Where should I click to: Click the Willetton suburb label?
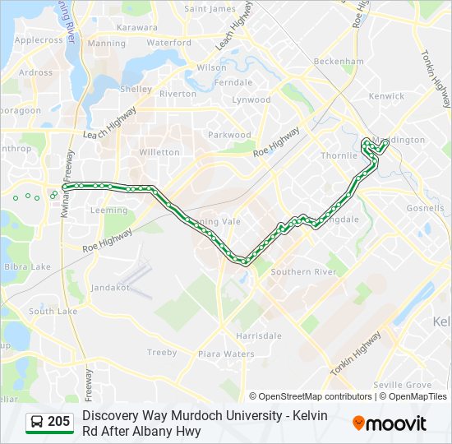coord(159,152)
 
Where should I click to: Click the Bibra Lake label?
coord(28,266)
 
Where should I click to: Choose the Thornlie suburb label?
coord(339,155)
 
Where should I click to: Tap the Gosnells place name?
coord(425,208)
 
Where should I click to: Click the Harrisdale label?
coord(258,335)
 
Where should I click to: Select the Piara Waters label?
coord(226,354)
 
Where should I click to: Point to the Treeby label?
coord(162,352)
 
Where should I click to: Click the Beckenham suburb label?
coord(338,62)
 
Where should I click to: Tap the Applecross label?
coord(39,39)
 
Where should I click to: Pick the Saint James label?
coord(210,9)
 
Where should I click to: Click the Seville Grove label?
coord(402,385)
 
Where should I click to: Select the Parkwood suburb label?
coord(229,135)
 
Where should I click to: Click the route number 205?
coord(58,422)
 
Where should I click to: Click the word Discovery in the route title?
coord(113,416)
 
